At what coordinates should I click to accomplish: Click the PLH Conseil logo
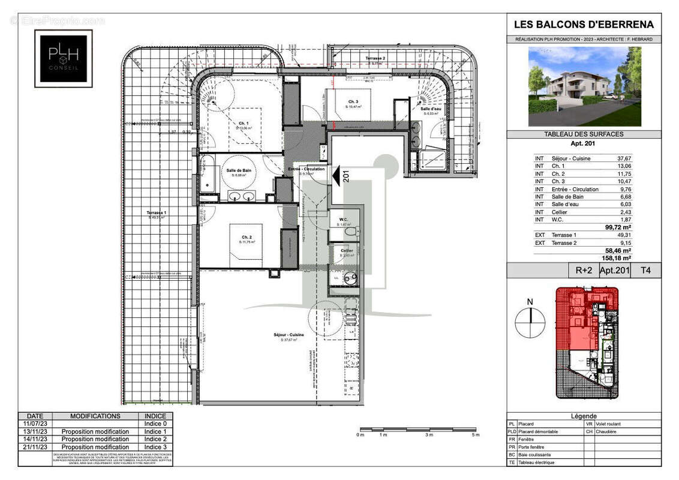(63, 58)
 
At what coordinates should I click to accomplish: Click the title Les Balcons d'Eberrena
(584, 25)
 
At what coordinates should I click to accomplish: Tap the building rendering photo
(584, 86)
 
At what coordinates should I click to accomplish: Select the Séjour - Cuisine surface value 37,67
(624, 158)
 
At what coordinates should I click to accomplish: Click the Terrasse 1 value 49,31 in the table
(624, 235)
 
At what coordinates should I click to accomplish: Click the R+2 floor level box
(584, 271)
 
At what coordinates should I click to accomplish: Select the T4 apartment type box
(645, 271)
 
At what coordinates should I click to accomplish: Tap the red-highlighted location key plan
(586, 342)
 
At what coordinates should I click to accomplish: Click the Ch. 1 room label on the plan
(243, 122)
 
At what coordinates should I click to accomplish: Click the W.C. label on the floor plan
(344, 220)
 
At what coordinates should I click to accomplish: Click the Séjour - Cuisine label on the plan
(289, 335)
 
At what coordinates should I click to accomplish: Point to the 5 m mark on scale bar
(476, 434)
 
